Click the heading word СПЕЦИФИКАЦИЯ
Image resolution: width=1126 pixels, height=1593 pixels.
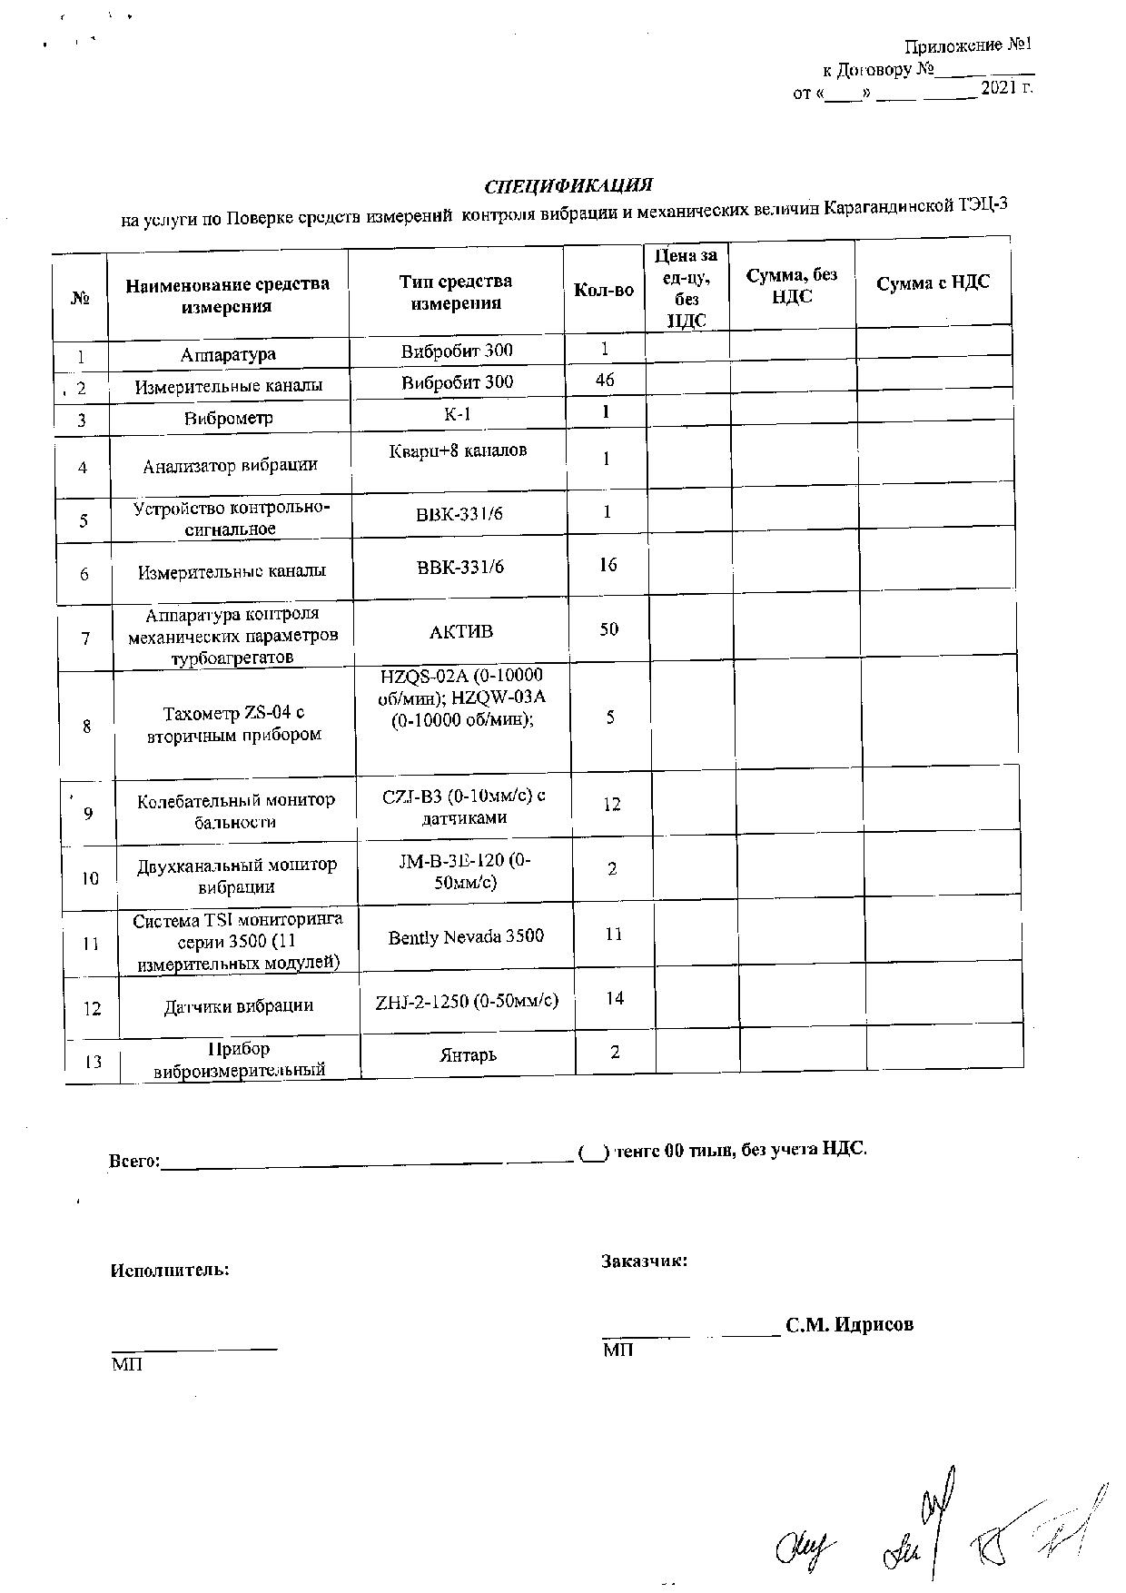[568, 186]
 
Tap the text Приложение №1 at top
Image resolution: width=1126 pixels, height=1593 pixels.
[969, 45]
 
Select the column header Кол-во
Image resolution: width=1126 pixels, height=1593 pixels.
[604, 291]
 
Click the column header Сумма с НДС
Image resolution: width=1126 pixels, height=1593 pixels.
[933, 282]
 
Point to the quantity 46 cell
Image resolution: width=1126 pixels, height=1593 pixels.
[605, 381]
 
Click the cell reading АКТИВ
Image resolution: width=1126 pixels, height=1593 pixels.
[460, 631]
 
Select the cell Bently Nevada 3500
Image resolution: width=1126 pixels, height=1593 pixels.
[466, 935]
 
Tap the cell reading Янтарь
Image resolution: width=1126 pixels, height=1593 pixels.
[468, 1055]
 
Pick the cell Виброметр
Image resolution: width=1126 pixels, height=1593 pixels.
[229, 419]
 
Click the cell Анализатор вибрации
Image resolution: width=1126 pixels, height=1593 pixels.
[230, 466]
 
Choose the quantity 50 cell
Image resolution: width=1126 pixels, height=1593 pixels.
[609, 628]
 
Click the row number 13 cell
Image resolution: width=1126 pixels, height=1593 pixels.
[93, 1061]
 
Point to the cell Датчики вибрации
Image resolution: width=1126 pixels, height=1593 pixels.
[238, 1005]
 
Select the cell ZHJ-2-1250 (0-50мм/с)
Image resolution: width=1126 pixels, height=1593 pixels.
[467, 1001]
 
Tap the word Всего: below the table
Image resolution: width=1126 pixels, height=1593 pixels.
[134, 1161]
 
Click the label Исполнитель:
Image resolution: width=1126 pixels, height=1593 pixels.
[170, 1270]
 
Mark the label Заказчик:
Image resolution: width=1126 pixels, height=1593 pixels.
[644, 1261]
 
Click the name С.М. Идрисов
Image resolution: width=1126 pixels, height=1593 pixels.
[849, 1324]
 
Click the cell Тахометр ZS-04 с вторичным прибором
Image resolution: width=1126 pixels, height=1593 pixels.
[233, 724]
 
